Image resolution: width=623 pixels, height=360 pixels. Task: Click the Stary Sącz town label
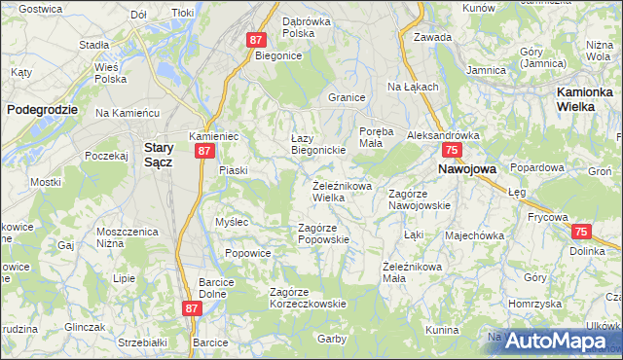pyautogui.click(x=158, y=155)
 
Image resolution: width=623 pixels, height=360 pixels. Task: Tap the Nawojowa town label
pyautogui.click(x=467, y=168)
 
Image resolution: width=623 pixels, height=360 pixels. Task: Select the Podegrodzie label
pyautogui.click(x=42, y=110)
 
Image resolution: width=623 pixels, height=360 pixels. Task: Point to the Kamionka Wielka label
pyautogui.click(x=588, y=98)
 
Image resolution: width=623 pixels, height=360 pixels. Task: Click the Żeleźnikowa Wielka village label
pyautogui.click(x=342, y=192)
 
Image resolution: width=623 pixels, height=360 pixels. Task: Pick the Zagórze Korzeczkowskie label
pyautogui.click(x=308, y=298)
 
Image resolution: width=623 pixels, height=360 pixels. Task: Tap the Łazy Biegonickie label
pyautogui.click(x=319, y=144)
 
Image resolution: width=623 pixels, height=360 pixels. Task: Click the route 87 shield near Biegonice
pyautogui.click(x=256, y=40)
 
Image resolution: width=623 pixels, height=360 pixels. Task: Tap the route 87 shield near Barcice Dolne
pyautogui.click(x=191, y=307)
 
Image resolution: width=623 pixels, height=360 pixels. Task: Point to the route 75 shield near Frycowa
pyautogui.click(x=581, y=232)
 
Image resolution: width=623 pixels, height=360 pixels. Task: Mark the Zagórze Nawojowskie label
pyautogui.click(x=419, y=199)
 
